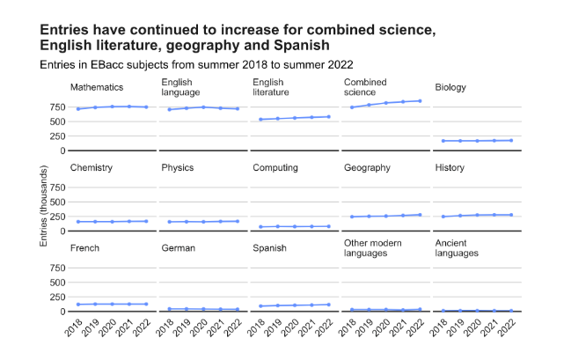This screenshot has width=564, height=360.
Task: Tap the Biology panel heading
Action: [x=450, y=88]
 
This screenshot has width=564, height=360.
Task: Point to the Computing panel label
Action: [x=275, y=168]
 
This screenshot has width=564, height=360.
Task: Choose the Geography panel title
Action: [x=367, y=168]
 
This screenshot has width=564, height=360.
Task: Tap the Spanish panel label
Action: [x=269, y=248]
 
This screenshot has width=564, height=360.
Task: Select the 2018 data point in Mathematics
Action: [x=78, y=109]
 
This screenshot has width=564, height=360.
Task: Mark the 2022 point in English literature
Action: [x=329, y=116]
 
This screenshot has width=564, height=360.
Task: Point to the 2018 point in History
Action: [x=443, y=217]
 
